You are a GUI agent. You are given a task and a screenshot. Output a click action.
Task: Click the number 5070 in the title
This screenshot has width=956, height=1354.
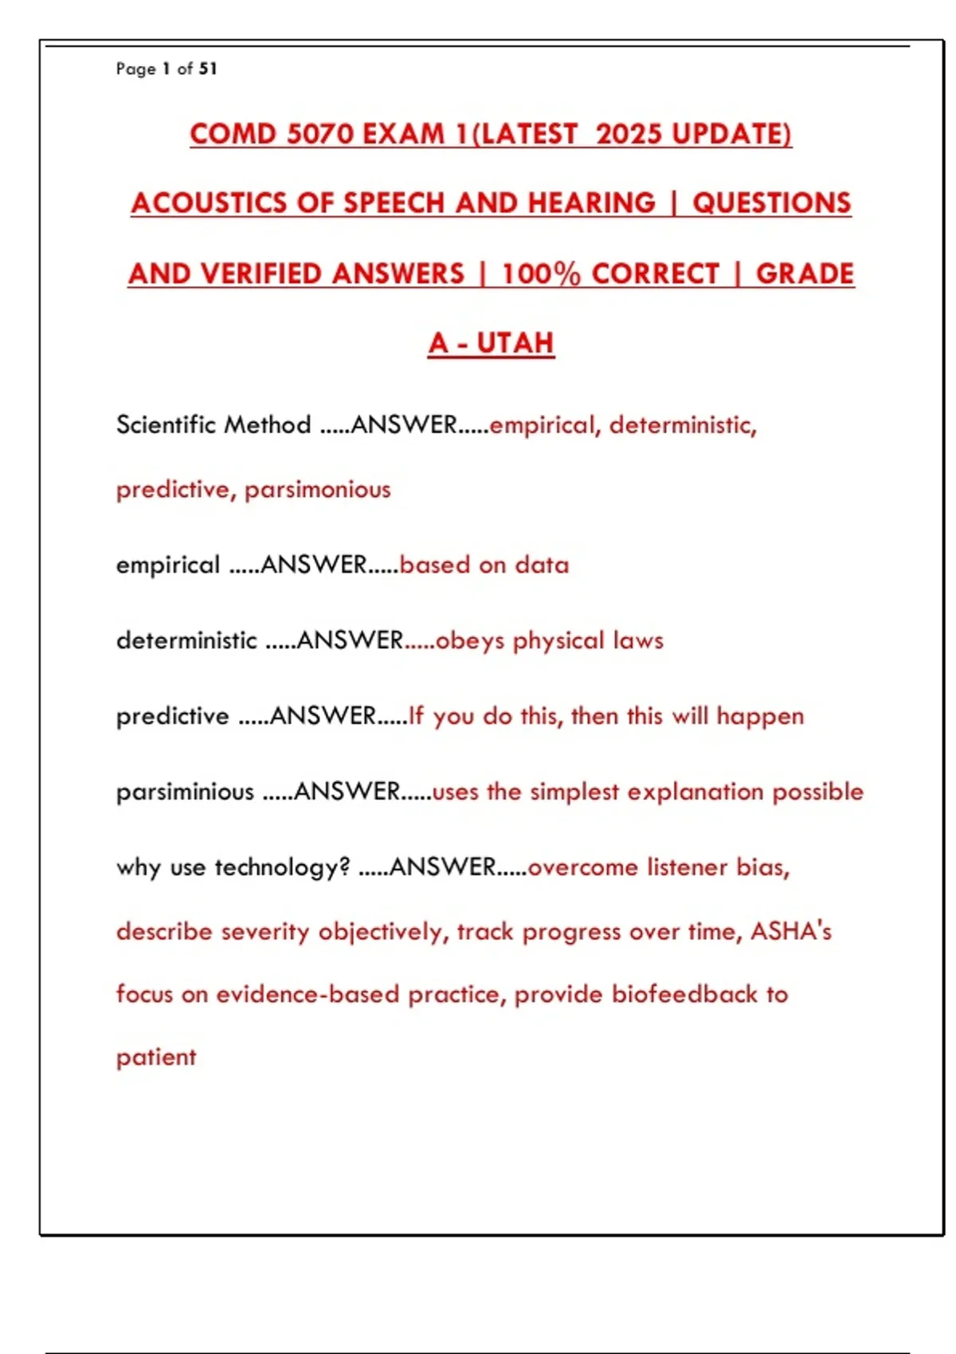pos(319,134)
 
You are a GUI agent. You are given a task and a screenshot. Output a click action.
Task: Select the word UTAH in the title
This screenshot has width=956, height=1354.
pos(515,343)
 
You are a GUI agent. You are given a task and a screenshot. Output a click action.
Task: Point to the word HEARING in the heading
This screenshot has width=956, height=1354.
pos(591,203)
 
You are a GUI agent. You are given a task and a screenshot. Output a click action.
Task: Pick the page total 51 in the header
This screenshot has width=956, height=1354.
pos(208,69)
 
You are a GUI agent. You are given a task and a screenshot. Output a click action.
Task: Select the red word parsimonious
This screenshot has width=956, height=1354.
pos(317,489)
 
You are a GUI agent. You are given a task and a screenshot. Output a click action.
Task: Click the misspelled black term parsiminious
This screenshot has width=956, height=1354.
pos(185,792)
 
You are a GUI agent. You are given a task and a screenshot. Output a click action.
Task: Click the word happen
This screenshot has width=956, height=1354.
pos(760,716)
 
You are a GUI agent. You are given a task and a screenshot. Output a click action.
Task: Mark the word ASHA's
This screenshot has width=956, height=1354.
pos(790,931)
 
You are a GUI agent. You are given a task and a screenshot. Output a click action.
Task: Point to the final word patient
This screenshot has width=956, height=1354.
pos(156,1058)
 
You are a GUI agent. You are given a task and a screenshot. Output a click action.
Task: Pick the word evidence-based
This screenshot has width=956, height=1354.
pos(308,994)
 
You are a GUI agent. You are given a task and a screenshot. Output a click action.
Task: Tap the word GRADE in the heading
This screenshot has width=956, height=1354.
pos(805,274)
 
